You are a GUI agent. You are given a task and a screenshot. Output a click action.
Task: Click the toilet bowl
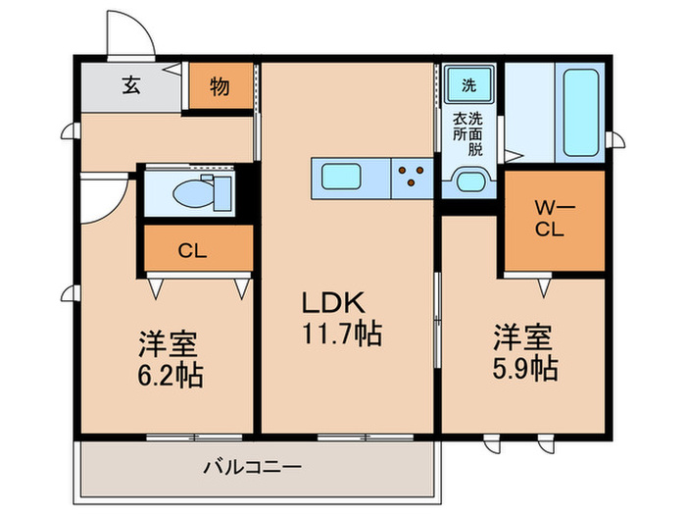[x=193, y=194]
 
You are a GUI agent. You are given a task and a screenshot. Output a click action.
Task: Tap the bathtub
[x=581, y=113]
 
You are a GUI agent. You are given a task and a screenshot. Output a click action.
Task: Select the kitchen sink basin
[x=341, y=177]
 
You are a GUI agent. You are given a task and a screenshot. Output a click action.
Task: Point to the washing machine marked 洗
[x=468, y=84]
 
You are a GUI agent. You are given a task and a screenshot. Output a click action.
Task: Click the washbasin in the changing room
[x=470, y=181]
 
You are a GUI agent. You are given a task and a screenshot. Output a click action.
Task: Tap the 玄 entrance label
[x=131, y=85]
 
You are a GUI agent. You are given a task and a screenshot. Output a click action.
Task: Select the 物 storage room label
[x=220, y=86]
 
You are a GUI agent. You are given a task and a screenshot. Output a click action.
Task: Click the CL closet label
[x=192, y=251]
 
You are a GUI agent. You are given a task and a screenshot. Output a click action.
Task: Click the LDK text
[x=333, y=302]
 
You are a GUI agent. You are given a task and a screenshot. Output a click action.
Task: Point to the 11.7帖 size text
[x=342, y=335]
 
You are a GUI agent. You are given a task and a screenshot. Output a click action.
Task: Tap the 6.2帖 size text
[x=171, y=376]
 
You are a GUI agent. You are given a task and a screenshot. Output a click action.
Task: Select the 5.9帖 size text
[x=525, y=368]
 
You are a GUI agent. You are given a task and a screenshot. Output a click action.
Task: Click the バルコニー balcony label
[x=253, y=467]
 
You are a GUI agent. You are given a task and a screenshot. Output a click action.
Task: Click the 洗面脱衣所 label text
[x=468, y=134]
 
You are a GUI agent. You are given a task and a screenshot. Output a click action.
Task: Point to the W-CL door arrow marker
[x=544, y=287]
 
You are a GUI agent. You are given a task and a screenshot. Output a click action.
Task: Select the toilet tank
[x=222, y=193]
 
